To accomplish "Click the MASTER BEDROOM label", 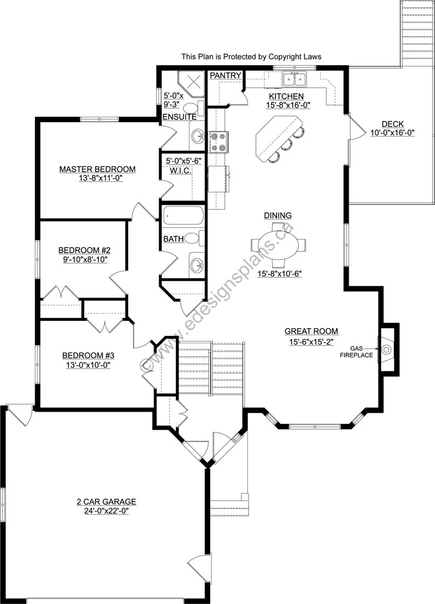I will tap(97, 169).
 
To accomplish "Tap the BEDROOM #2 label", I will tap(84, 250).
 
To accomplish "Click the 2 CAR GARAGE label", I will tap(103, 502).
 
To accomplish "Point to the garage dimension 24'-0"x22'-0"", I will tap(103, 512).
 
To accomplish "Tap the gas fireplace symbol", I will tap(387, 349).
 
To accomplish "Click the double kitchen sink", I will tap(294, 79).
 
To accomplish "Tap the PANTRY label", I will tap(225, 75).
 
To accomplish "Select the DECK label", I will tap(392, 124).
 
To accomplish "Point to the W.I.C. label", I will tap(179, 170).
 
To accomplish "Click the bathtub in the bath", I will tap(183, 217).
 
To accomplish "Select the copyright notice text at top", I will tap(251, 56).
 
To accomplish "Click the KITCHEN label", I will tap(286, 96).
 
